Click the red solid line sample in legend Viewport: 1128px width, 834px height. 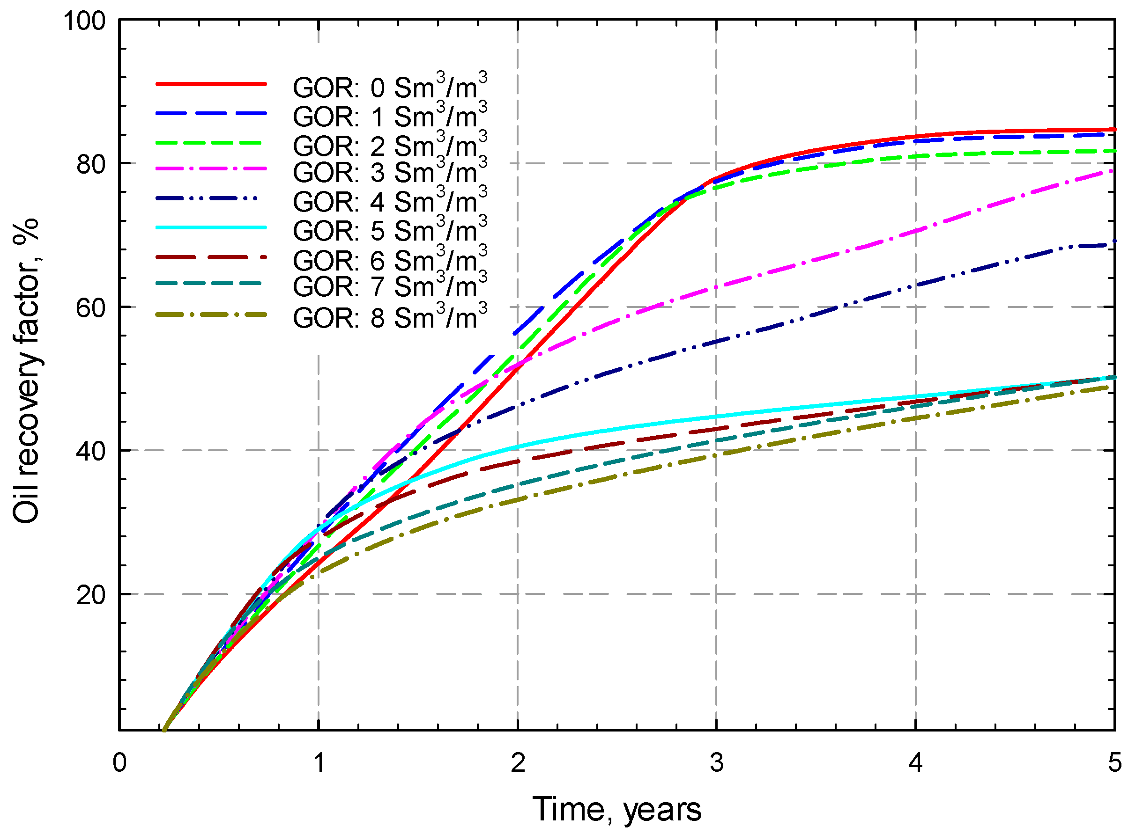pos(211,84)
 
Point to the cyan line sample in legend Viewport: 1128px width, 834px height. pos(211,227)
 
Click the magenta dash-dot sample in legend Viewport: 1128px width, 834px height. pos(211,168)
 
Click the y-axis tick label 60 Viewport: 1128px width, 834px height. pos(91,307)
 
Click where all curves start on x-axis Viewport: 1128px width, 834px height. pos(163,730)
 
